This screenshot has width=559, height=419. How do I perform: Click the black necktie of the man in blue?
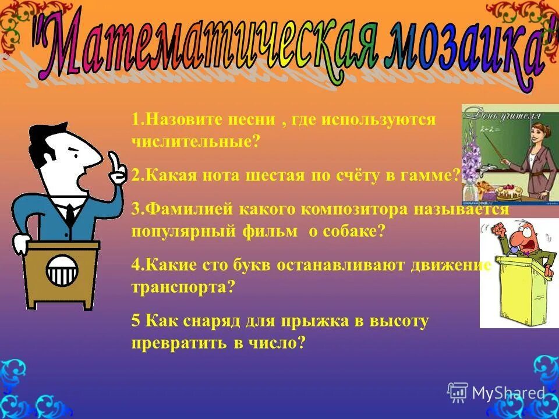coord(70,215)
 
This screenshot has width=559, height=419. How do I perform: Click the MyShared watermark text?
coord(508,393)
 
